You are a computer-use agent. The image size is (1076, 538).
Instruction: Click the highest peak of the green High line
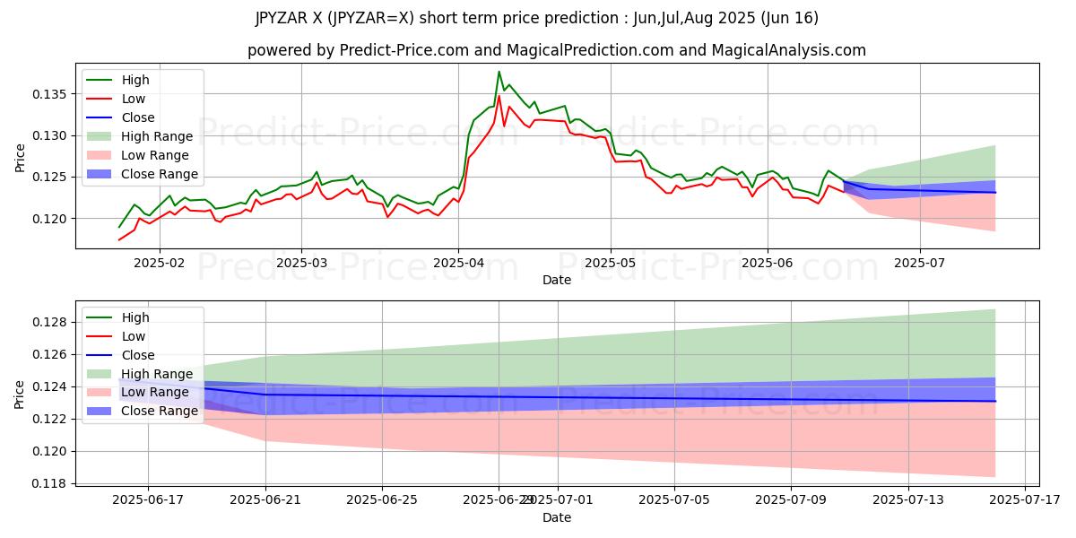[x=499, y=72]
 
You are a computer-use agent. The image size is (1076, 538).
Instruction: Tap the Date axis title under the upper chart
[x=557, y=281]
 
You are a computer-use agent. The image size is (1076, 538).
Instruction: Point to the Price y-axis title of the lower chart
[x=20, y=395]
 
